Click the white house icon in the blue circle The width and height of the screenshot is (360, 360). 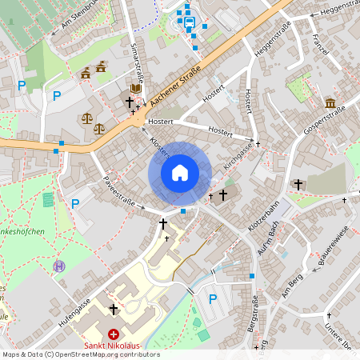tap(180, 172)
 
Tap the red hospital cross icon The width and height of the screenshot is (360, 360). tap(114, 334)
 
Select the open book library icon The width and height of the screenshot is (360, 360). tap(135, 87)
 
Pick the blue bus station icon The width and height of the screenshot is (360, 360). tap(190, 22)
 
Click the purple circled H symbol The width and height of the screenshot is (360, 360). tap(58, 266)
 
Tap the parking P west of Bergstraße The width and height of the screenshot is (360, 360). tap(213, 298)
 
